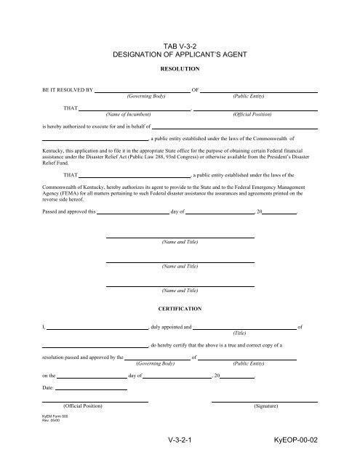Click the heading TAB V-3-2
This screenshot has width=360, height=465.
179,44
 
